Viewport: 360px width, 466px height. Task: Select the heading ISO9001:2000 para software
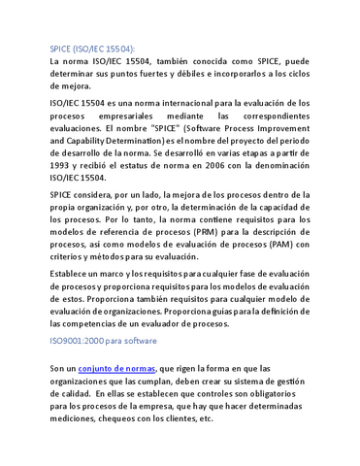tap(105, 342)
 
